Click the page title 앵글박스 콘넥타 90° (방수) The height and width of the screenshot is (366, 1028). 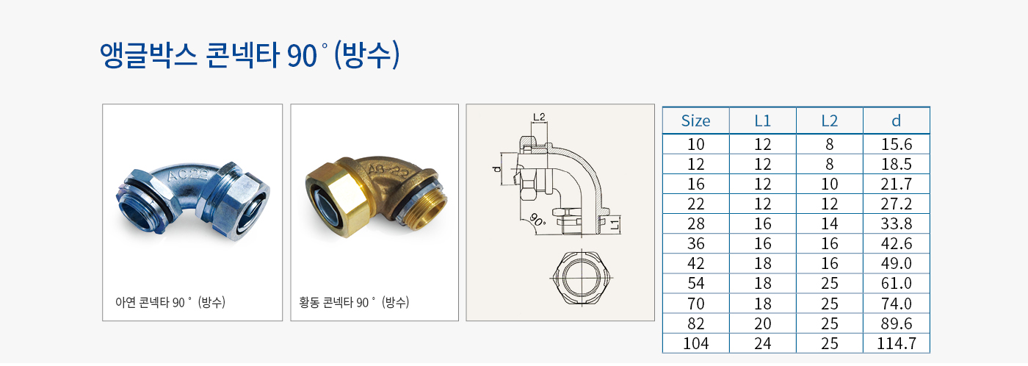[x=250, y=55]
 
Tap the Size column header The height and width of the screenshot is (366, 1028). [x=696, y=121]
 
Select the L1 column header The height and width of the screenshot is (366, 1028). [x=763, y=121]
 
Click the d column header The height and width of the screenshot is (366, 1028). [x=897, y=121]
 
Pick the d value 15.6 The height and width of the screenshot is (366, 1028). [x=897, y=144]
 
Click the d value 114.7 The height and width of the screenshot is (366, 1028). [x=897, y=343]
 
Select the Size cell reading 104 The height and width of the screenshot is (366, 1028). [x=696, y=343]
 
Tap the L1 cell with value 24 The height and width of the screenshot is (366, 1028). [x=763, y=343]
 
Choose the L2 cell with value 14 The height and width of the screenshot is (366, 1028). [x=830, y=223]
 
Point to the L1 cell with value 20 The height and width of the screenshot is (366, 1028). [x=763, y=324]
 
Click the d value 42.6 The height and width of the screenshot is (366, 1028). [x=897, y=243]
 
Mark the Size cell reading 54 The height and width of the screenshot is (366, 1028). [x=696, y=284]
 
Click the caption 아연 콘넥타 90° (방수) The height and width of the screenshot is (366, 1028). [x=170, y=302]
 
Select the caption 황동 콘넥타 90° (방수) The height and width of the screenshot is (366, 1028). [x=354, y=302]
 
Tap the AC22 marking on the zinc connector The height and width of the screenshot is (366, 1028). [x=188, y=175]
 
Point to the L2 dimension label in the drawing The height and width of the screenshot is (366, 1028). [x=539, y=117]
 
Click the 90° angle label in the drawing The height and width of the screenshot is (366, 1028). [x=537, y=220]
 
